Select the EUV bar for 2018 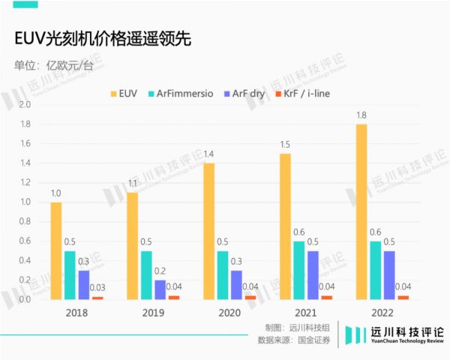(56, 250)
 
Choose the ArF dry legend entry (247, 94)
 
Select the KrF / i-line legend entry (303, 94)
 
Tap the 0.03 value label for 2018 (97, 287)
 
